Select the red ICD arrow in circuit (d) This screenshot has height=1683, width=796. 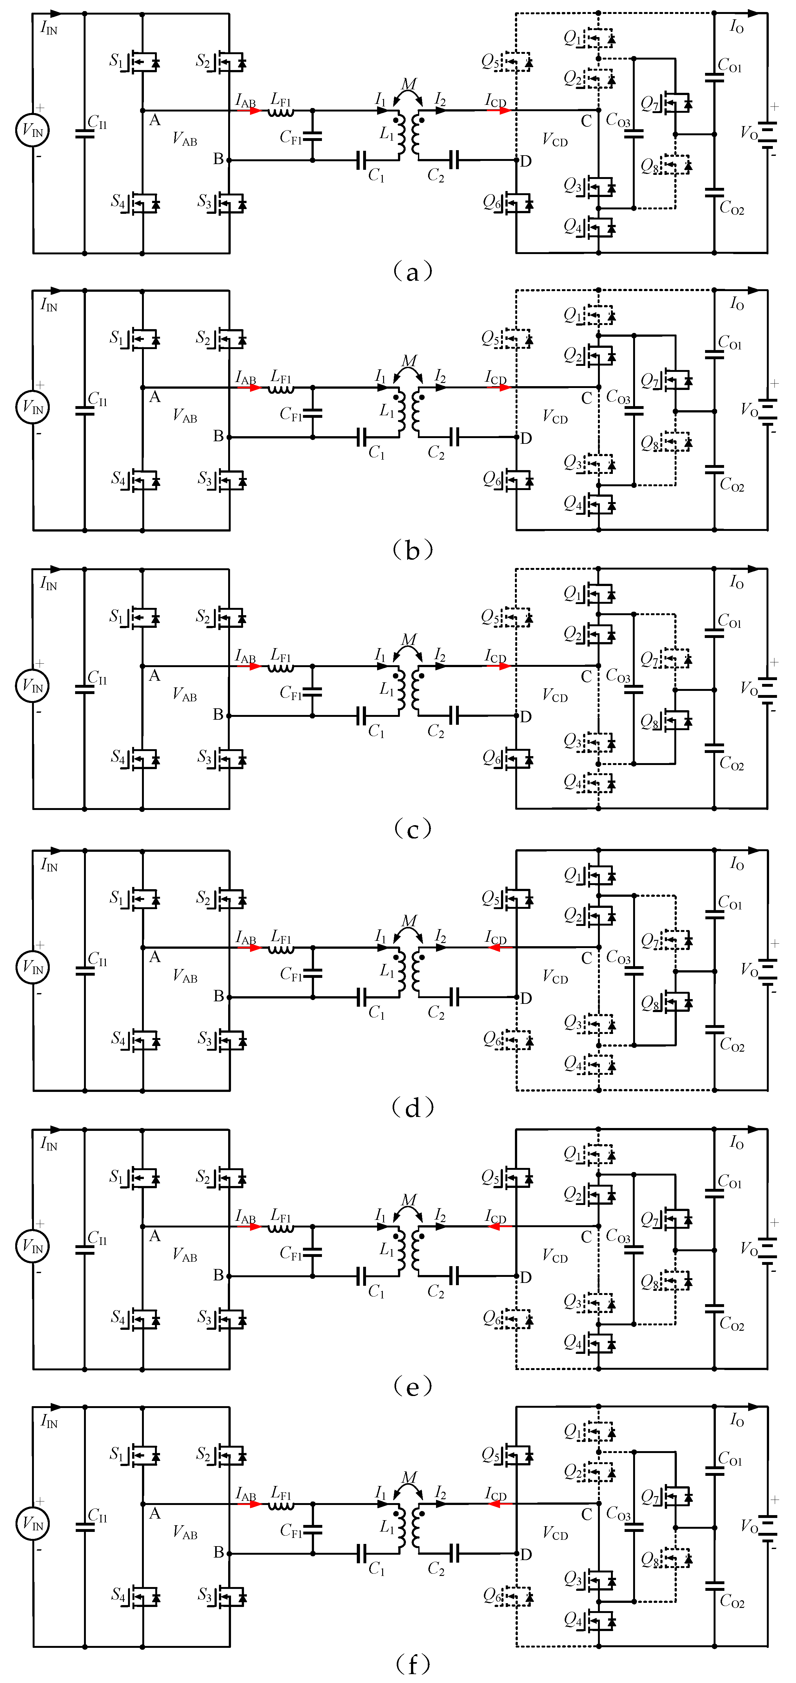click(500, 947)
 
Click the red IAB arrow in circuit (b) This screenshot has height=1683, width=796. click(249, 387)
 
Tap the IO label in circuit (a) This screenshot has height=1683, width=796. click(736, 26)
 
